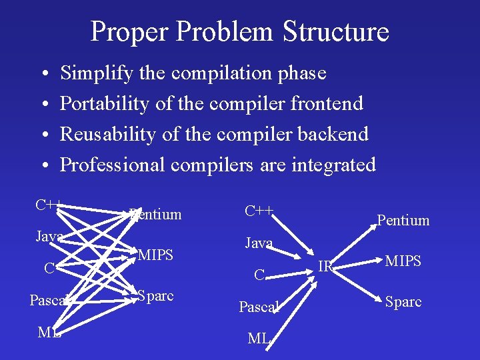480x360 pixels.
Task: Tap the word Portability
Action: [105, 104]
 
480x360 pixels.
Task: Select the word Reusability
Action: [109, 134]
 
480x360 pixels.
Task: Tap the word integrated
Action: [334, 165]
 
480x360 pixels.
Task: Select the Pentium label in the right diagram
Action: [403, 221]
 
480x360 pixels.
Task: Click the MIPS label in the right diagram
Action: [403, 261]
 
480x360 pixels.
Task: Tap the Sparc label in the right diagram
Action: [403, 301]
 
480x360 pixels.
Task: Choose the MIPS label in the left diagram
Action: [156, 255]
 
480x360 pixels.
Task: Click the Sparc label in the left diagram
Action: [155, 296]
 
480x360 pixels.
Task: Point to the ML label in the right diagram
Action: [258, 339]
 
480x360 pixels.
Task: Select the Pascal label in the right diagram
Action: [258, 307]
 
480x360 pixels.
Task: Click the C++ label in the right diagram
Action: [258, 212]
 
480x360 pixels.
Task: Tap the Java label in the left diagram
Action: [49, 237]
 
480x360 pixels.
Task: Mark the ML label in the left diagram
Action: [48, 333]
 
